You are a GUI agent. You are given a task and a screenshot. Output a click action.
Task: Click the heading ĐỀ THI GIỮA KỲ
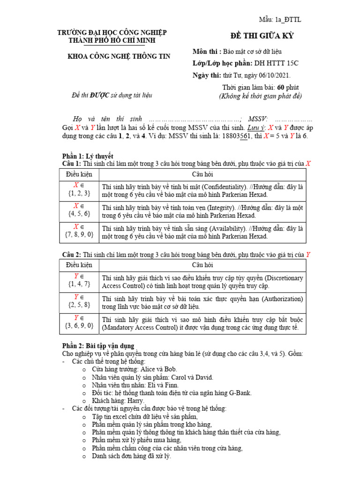(x=262, y=36)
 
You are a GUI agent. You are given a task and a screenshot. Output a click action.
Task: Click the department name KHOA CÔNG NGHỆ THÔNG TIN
(x=119, y=56)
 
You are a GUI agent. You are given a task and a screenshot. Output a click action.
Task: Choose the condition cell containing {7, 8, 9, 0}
(x=79, y=232)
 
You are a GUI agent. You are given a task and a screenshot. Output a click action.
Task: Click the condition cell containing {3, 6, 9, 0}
(x=79, y=324)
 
